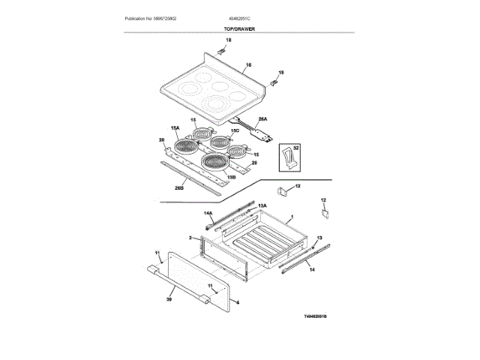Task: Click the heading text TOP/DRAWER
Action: click(239, 28)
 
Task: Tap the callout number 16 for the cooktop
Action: click(248, 64)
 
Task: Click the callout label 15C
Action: click(234, 130)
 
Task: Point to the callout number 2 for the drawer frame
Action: click(190, 237)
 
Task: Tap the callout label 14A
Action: click(209, 212)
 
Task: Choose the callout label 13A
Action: click(262, 205)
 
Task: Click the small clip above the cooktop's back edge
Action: click(223, 50)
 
